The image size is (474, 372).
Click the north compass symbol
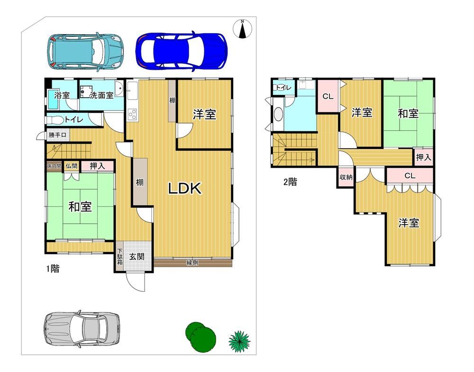pos(242,29)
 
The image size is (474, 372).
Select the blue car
pos(182,51)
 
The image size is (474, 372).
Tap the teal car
pos(85,52)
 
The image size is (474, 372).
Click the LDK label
pos(185,189)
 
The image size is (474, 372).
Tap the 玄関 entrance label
pos(137,256)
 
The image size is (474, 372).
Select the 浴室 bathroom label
pos(62,96)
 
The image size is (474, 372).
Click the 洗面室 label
pos(101,96)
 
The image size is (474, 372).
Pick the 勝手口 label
pos(57,135)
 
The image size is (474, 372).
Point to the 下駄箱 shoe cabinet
pos(120,256)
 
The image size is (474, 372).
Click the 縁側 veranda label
pos(192,263)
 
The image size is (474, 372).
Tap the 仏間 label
pos(72,166)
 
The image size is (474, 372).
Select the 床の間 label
pos(55,166)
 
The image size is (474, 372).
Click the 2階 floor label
pos(290,182)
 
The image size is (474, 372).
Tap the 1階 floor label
pos(53,269)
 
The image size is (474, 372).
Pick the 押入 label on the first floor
pos(97,166)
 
